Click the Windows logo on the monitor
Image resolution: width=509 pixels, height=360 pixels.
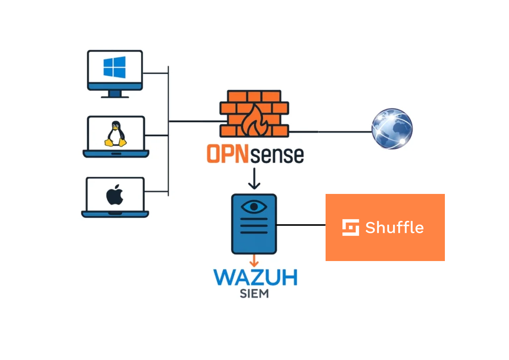(114, 67)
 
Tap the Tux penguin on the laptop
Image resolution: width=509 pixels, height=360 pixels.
(115, 134)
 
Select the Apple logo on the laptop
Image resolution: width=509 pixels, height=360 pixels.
(114, 195)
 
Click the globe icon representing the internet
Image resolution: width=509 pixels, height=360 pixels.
(392, 129)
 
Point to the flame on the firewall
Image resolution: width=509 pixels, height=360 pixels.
(254, 121)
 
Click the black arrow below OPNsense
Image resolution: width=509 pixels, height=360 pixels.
(254, 180)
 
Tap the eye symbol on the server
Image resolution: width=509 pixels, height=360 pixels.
(254, 206)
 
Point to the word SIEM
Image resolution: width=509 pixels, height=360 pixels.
(254, 293)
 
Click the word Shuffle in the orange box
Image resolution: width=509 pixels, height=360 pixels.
(394, 228)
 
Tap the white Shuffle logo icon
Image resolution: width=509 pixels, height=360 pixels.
(350, 227)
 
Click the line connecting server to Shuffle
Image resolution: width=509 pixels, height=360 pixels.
(301, 225)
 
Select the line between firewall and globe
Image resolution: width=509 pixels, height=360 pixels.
(331, 132)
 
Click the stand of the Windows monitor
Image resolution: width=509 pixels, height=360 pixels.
(115, 93)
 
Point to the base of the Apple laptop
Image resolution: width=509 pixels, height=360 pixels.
(115, 214)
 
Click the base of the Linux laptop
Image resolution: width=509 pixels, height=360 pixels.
(115, 154)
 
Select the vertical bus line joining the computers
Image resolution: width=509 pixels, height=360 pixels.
(169, 149)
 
